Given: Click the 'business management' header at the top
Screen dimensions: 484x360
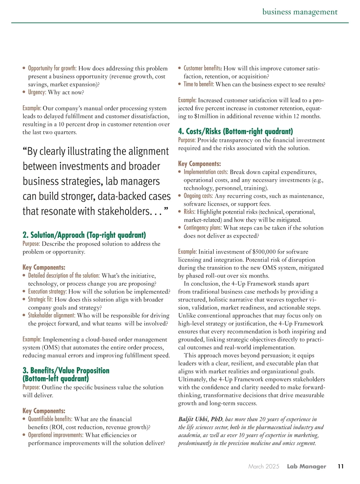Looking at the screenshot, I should point(300,12).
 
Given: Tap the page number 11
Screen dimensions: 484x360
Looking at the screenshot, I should point(340,466).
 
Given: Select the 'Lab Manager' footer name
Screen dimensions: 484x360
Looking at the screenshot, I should point(306,466).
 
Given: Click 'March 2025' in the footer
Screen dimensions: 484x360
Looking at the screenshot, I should point(264,466).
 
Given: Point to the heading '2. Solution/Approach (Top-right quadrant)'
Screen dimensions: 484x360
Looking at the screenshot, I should point(84,235).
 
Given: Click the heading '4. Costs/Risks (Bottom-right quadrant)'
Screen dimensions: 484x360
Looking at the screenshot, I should point(235,131).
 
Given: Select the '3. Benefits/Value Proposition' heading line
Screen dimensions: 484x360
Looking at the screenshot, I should point(66,371).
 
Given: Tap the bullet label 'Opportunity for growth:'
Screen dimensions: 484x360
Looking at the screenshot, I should point(52,68).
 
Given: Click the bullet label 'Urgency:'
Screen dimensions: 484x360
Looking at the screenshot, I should point(37,92).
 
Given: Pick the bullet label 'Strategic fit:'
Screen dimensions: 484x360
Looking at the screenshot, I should point(40,299).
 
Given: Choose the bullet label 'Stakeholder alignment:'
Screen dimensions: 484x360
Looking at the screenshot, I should point(52,315).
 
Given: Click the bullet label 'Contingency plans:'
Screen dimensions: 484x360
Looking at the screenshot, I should point(203,228).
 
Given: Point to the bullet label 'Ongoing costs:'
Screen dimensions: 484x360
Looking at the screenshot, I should point(198,196).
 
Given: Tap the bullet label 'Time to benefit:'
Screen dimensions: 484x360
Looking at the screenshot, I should point(199,84).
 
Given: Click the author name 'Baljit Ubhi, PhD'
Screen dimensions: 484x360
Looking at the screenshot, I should point(200,419).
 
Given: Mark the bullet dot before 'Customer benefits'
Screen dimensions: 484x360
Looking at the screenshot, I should point(180,68).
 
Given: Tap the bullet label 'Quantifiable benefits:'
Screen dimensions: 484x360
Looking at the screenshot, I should point(50,419).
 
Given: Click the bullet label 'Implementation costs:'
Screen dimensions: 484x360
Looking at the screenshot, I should point(206,172).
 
